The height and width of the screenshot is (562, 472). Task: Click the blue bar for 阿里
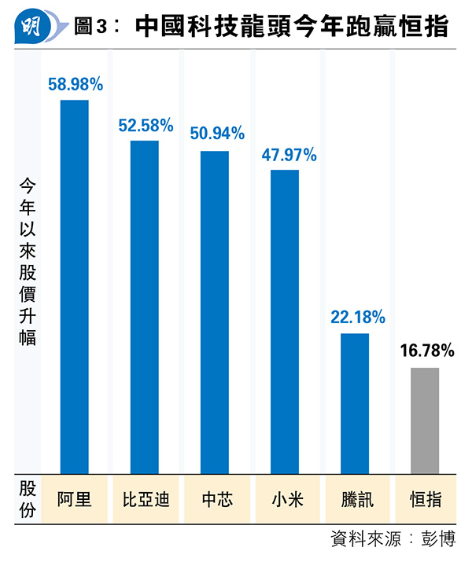tap(75, 287)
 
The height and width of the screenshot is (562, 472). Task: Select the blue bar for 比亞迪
tap(145, 307)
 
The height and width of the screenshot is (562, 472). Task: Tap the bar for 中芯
tap(215, 312)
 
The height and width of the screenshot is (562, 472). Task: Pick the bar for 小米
tap(285, 321)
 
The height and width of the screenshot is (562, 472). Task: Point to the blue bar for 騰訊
tap(355, 403)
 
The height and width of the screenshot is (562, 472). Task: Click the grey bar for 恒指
tap(425, 421)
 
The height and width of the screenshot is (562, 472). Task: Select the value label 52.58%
tap(146, 125)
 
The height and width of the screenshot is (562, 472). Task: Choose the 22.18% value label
tap(357, 318)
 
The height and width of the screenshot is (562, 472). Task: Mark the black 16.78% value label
tap(427, 351)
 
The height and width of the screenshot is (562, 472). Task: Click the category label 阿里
tap(75, 499)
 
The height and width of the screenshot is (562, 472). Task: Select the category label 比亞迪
tap(146, 499)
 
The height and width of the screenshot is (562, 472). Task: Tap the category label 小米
tap(285, 499)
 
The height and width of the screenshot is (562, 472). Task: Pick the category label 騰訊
tap(355, 499)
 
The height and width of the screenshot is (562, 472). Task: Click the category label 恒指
tap(426, 499)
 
